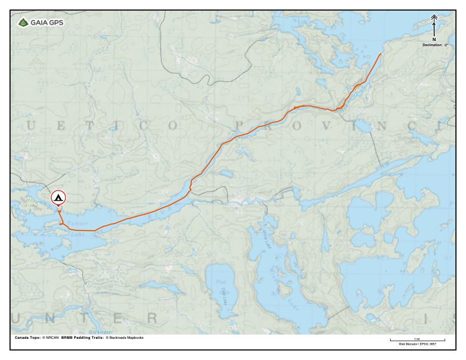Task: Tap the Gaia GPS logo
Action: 41,23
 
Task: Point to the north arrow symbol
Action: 434,27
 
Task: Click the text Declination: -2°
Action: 434,45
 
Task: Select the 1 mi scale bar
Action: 417,340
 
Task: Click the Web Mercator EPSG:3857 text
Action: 417,344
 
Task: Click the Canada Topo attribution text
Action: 36,338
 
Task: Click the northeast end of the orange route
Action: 381,54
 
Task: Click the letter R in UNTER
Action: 152,318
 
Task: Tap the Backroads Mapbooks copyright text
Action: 124,338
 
